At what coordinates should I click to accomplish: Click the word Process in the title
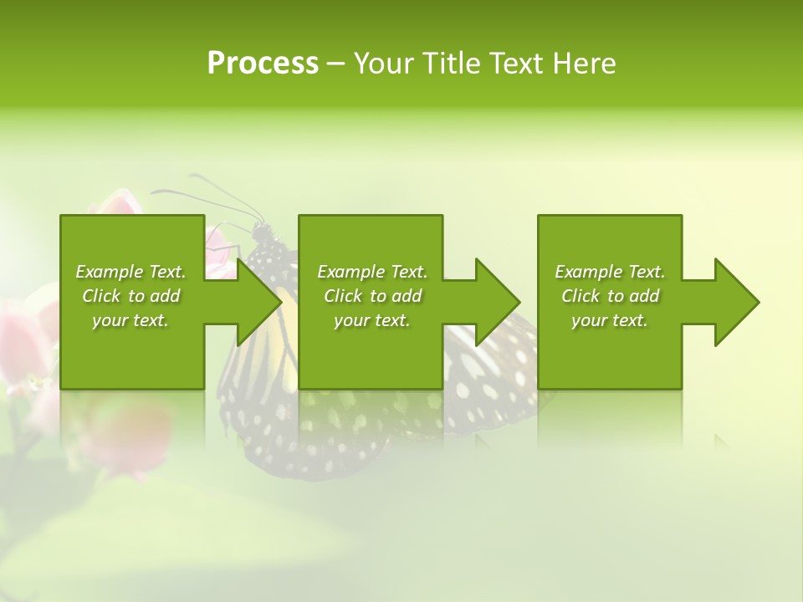click(x=263, y=64)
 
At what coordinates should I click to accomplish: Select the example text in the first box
click(x=130, y=296)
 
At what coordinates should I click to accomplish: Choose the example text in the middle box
click(x=372, y=296)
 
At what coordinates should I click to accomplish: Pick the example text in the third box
click(x=610, y=296)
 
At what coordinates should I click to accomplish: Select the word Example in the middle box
click(x=346, y=272)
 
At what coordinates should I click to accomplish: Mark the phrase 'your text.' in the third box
click(x=610, y=320)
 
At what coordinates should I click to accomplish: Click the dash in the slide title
click(x=336, y=64)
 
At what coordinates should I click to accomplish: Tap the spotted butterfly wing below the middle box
click(x=351, y=435)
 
